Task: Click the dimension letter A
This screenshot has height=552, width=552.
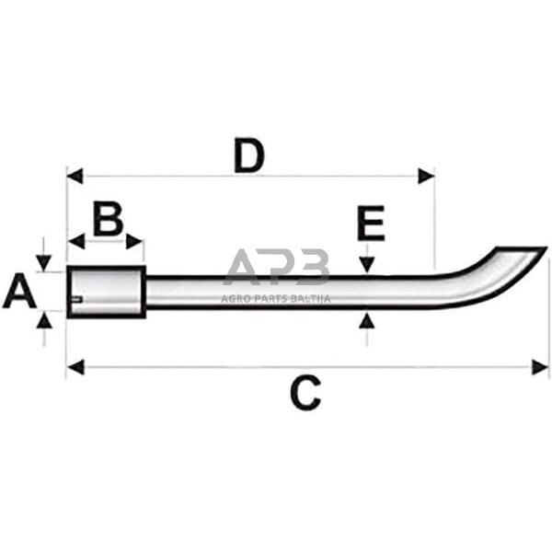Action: [x=19, y=293]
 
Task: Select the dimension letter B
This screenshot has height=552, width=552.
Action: [x=108, y=220]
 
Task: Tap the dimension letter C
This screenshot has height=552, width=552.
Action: [x=305, y=394]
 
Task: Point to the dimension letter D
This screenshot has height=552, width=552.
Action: [x=248, y=155]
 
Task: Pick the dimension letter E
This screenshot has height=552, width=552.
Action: [x=370, y=224]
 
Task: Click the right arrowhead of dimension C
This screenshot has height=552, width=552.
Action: [x=540, y=368]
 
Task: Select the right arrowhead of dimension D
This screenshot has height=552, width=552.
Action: [x=426, y=176]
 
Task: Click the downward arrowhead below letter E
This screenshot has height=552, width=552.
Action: [x=367, y=265]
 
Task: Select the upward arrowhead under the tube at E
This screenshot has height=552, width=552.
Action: [x=367, y=320]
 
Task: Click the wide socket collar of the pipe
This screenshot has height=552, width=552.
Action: [x=107, y=291]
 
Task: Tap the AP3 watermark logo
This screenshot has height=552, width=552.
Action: [x=276, y=267]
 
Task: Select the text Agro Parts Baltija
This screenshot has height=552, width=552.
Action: [x=276, y=296]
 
